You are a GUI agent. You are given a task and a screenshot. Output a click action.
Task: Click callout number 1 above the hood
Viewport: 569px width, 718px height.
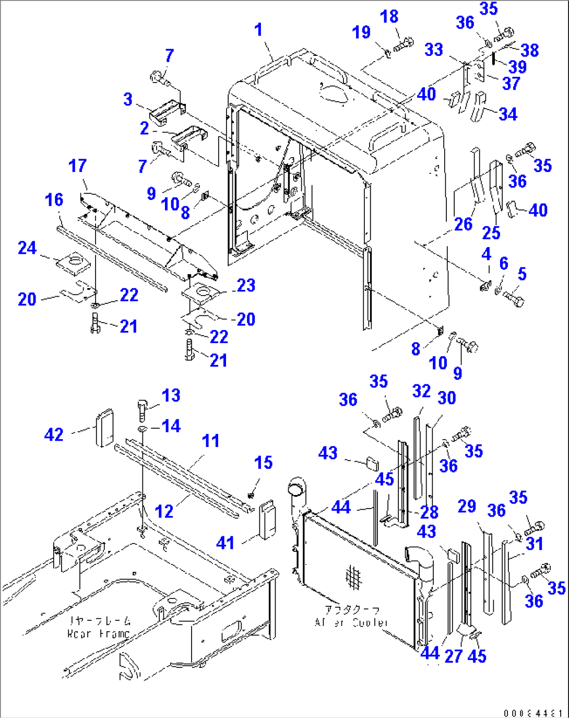pos(258,30)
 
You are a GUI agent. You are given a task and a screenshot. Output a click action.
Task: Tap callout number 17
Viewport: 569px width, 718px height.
pos(77,166)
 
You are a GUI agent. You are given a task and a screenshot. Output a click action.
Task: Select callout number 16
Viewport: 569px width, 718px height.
pos(54,199)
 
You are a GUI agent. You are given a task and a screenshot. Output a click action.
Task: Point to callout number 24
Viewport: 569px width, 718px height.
pos(27,248)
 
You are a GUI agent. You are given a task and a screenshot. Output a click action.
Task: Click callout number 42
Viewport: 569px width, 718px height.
pos(54,434)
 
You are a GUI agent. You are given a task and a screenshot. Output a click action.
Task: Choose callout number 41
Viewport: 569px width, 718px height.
pos(226,543)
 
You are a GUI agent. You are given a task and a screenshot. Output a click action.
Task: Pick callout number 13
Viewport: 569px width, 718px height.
pos(171,395)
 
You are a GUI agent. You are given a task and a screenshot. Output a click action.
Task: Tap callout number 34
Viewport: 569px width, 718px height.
pos(507,114)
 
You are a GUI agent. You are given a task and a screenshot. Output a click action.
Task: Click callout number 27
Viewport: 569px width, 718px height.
pos(453,656)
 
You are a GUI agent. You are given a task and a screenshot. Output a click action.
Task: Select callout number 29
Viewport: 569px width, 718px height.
pos(467,506)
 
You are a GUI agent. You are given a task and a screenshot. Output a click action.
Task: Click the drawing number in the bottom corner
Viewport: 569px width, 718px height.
pos(532,713)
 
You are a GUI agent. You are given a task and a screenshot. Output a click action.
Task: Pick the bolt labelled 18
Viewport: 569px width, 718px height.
pos(404,44)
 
